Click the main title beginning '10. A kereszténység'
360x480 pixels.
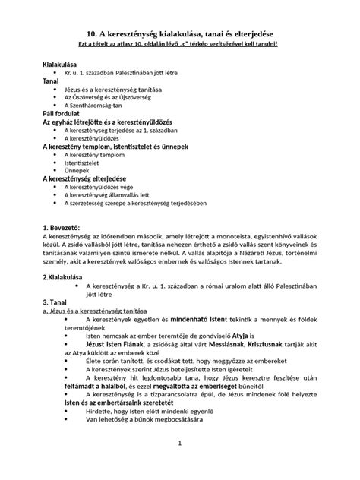pyautogui.click(x=179, y=35)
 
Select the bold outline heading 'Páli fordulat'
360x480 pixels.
pyautogui.click(x=65, y=113)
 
